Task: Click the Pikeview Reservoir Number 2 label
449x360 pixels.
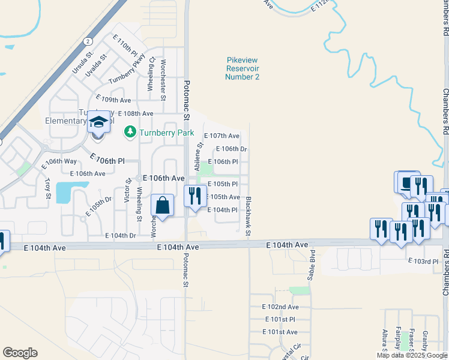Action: (243, 68)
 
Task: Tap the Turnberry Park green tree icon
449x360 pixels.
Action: (130, 132)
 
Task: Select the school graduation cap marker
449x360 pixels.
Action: (99, 122)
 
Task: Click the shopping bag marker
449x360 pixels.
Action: (161, 206)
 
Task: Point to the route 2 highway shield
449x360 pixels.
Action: (88, 41)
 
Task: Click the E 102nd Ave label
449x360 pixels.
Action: (280, 307)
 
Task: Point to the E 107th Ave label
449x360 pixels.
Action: (221, 136)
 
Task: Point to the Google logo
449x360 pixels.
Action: (20, 353)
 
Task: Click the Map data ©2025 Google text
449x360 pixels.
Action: (412, 355)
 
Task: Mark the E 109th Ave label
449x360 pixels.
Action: (113, 100)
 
